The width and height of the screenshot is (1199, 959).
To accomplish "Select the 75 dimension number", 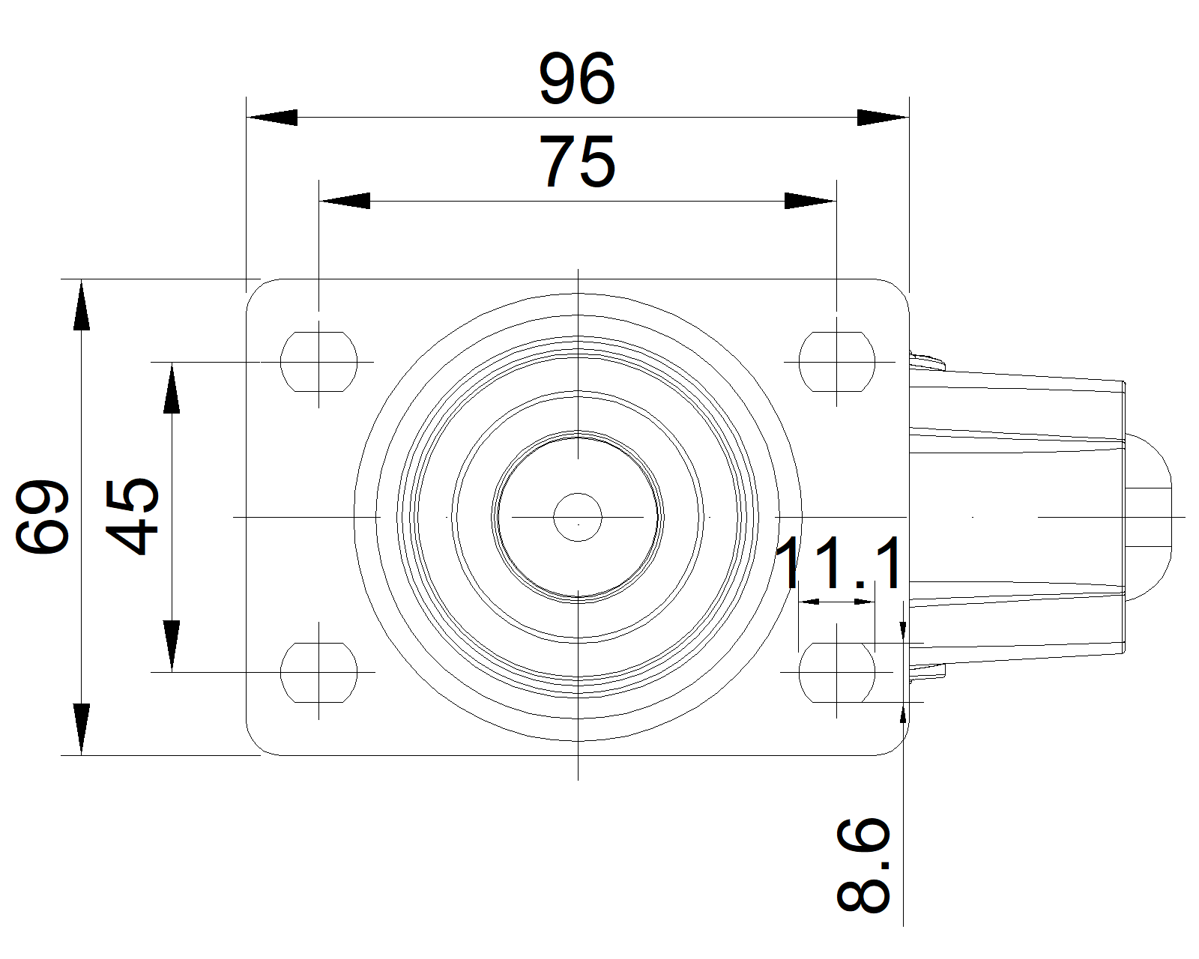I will point(577,162).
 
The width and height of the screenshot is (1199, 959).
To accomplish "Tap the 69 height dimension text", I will point(43,517).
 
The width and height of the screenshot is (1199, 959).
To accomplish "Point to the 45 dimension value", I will point(132,517).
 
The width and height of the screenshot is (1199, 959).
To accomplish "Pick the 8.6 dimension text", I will point(863,865).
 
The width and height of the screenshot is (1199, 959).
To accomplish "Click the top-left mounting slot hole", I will point(318,361).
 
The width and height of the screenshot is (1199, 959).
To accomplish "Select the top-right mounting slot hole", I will point(836,361).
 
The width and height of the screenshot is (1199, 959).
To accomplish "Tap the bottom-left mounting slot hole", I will point(318,672).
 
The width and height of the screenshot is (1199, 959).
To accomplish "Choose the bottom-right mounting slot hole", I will point(836,672).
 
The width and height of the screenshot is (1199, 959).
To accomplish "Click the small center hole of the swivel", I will point(578,517).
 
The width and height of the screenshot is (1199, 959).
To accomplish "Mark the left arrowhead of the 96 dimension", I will point(271,118).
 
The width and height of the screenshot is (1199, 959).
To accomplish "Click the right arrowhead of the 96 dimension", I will point(883,118).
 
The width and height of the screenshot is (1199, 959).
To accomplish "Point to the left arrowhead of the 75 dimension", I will point(344,201).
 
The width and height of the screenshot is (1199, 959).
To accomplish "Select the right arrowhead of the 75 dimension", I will point(810,201).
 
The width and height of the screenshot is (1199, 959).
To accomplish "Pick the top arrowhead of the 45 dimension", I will point(172,387).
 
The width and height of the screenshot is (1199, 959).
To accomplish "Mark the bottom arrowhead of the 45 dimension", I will point(172,646).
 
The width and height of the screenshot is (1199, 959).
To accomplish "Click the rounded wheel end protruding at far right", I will point(1150,517).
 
